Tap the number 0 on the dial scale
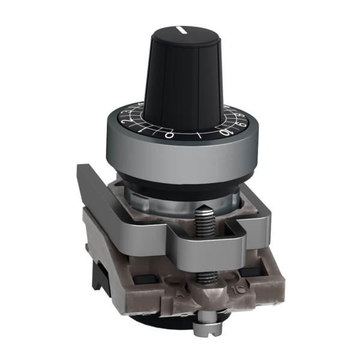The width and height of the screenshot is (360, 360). click(x=170, y=135)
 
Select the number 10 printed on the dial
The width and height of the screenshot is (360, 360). click(x=227, y=133)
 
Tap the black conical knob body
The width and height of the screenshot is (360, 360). click(x=180, y=72)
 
